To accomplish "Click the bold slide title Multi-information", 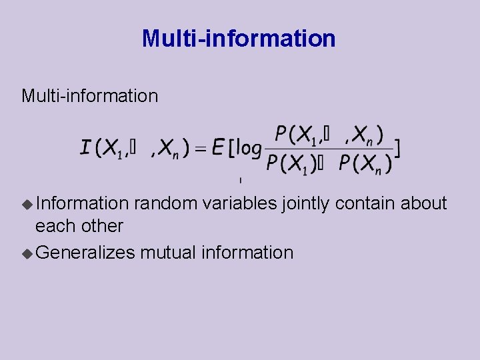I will (239, 39).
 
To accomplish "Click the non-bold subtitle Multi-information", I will (89, 96).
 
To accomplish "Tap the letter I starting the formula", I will (85, 147).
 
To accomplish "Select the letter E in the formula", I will (218, 147).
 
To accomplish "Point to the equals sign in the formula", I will (200, 148).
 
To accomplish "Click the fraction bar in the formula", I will (328, 149).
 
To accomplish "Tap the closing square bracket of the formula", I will (398, 148).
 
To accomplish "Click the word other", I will (101, 226).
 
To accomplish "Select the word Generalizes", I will (85, 253).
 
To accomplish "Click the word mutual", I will (169, 253).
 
